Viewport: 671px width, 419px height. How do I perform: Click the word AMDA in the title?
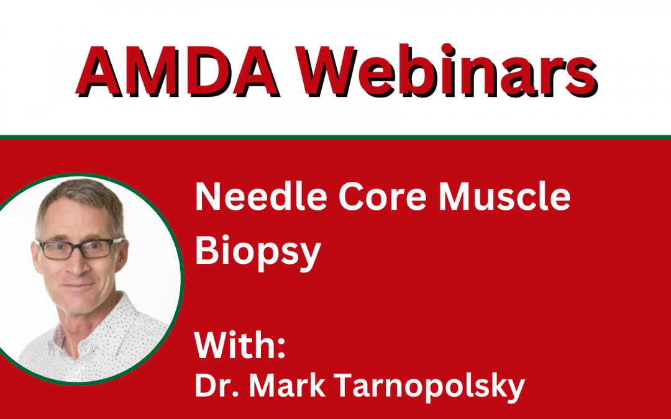click(x=178, y=71)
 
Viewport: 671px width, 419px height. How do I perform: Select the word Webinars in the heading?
click(x=447, y=70)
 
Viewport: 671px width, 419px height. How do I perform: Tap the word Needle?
click(x=261, y=196)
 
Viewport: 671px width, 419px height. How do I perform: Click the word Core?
click(x=382, y=197)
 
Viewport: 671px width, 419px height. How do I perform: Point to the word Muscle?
click(x=504, y=196)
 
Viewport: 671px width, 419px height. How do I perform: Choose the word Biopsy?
click(x=258, y=251)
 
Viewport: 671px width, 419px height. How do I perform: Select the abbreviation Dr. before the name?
click(x=217, y=385)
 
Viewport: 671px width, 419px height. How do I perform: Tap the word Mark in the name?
click(x=287, y=385)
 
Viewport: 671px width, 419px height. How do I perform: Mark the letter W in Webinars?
click(x=327, y=71)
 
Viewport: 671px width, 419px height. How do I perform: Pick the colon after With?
click(x=281, y=347)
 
